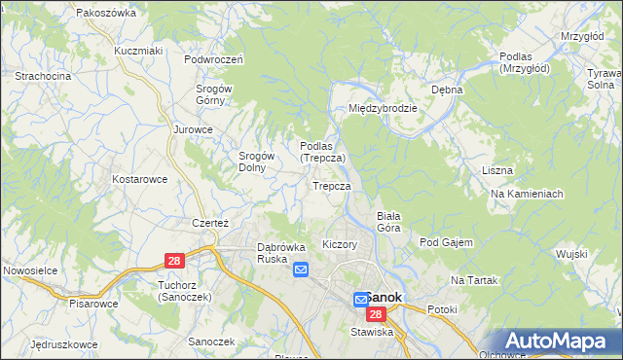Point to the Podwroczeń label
click(x=213, y=58)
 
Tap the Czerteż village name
click(x=209, y=222)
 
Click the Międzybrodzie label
click(x=383, y=108)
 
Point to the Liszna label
click(x=496, y=170)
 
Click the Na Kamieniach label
click(x=527, y=194)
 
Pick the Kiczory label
click(x=339, y=244)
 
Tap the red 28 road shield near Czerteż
click(x=174, y=260)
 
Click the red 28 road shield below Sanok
click(x=377, y=314)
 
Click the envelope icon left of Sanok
click(x=360, y=300)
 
